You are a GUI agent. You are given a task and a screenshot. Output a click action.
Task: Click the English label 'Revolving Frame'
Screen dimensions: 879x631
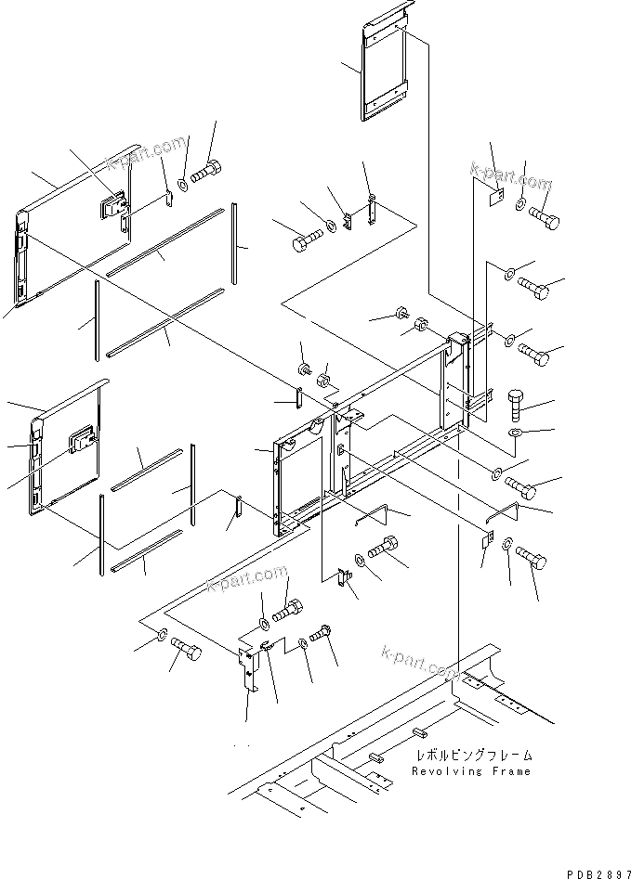[x=473, y=771]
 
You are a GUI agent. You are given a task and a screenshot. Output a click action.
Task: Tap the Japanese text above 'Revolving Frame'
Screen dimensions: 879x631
[x=474, y=756]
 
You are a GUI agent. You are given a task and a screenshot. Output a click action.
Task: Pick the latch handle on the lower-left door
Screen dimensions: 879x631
[x=83, y=438]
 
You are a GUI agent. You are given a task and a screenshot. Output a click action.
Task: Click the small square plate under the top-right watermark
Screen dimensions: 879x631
[x=496, y=198]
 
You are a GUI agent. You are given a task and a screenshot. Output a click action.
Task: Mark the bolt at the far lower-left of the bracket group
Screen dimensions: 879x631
[x=186, y=654]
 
